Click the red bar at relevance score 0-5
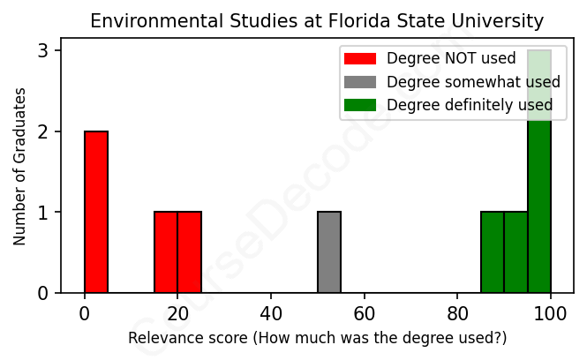click(96, 212)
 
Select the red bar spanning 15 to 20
click(166, 252)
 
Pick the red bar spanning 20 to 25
click(189, 252)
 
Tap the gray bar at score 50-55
click(329, 252)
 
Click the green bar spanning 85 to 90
click(493, 252)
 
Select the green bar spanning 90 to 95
click(516, 252)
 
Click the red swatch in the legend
click(360, 59)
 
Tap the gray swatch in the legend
click(360, 82)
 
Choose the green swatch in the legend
click(360, 105)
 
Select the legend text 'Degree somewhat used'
click(473, 82)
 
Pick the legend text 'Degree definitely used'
click(470, 105)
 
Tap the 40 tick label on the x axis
click(271, 313)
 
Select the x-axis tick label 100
click(551, 313)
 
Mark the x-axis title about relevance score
click(318, 338)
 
